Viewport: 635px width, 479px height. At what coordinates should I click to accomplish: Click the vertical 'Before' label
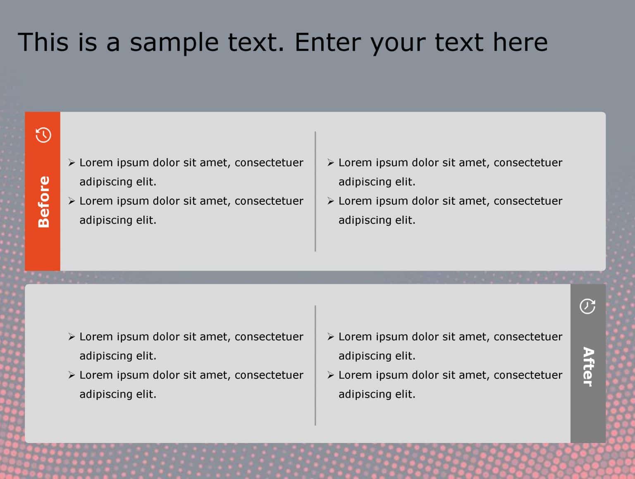coord(43,202)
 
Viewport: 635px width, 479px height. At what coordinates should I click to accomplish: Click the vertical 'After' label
coord(588,366)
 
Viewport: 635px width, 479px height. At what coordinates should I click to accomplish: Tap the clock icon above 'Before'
coord(43,135)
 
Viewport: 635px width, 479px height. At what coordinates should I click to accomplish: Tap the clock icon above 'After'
coord(587,307)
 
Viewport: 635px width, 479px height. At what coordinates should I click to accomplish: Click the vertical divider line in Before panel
coord(315,191)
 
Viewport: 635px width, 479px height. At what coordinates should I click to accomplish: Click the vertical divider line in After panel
coord(315,365)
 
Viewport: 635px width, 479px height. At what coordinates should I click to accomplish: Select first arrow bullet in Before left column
coord(72,163)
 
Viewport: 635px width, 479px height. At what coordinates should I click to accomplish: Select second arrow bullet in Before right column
coord(331,201)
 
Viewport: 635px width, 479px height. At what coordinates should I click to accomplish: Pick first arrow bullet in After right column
coord(331,337)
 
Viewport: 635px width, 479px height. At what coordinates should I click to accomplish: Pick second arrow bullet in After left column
coord(72,375)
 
